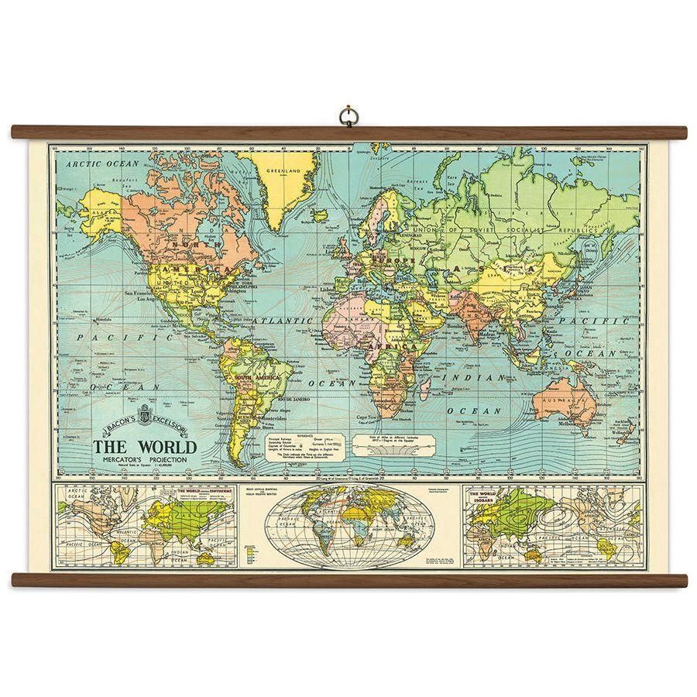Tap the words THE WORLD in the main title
click(146, 447)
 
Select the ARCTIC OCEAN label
click(102, 163)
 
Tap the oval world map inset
click(346, 527)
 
